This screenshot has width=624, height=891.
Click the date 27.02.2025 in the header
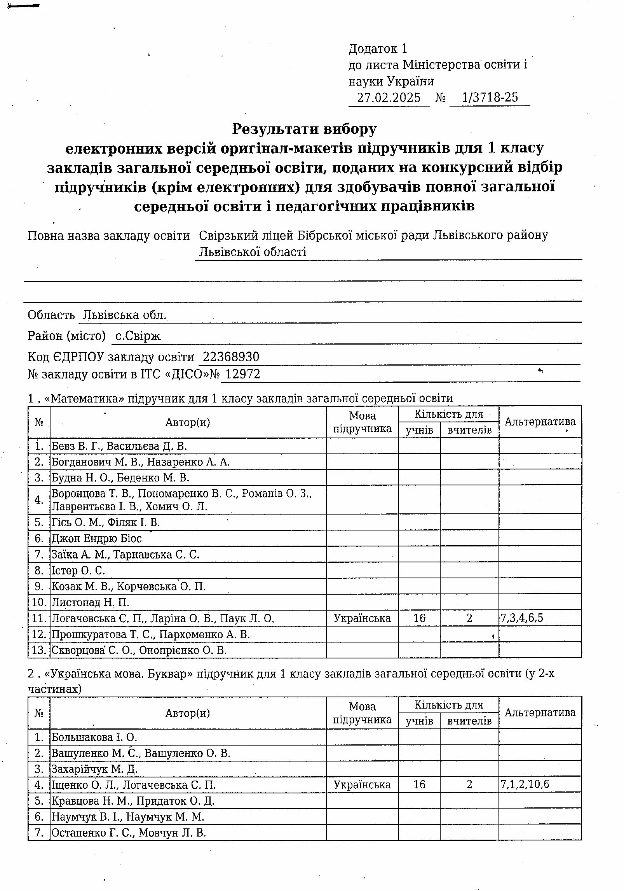[388, 98]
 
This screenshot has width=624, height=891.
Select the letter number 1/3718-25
[490, 97]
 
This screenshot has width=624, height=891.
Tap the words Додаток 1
[378, 49]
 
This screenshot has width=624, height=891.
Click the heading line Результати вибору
[304, 129]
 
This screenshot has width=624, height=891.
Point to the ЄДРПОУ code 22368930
[231, 357]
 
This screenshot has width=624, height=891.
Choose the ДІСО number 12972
[243, 374]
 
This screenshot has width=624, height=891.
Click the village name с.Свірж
[138, 336]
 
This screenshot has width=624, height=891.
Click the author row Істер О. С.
[78, 571]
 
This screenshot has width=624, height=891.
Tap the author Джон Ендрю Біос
[97, 539]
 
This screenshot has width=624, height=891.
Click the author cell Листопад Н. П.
[91, 602]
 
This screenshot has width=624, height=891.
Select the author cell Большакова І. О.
[94, 737]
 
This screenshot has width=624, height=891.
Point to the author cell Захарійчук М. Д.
[95, 769]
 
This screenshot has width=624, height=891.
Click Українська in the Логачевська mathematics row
[362, 618]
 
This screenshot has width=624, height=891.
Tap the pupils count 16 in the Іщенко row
[419, 784]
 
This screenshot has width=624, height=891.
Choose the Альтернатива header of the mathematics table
[540, 422]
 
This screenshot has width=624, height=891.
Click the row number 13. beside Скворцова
[39, 650]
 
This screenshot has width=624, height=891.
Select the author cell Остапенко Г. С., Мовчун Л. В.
[129, 833]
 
